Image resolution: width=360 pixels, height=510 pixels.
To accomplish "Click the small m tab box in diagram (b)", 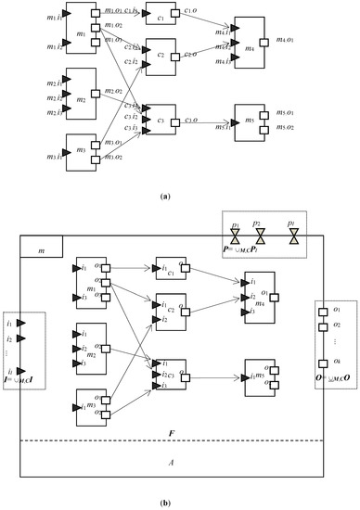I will tap(41, 246).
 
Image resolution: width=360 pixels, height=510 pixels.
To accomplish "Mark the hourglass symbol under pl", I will tap(294, 238).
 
